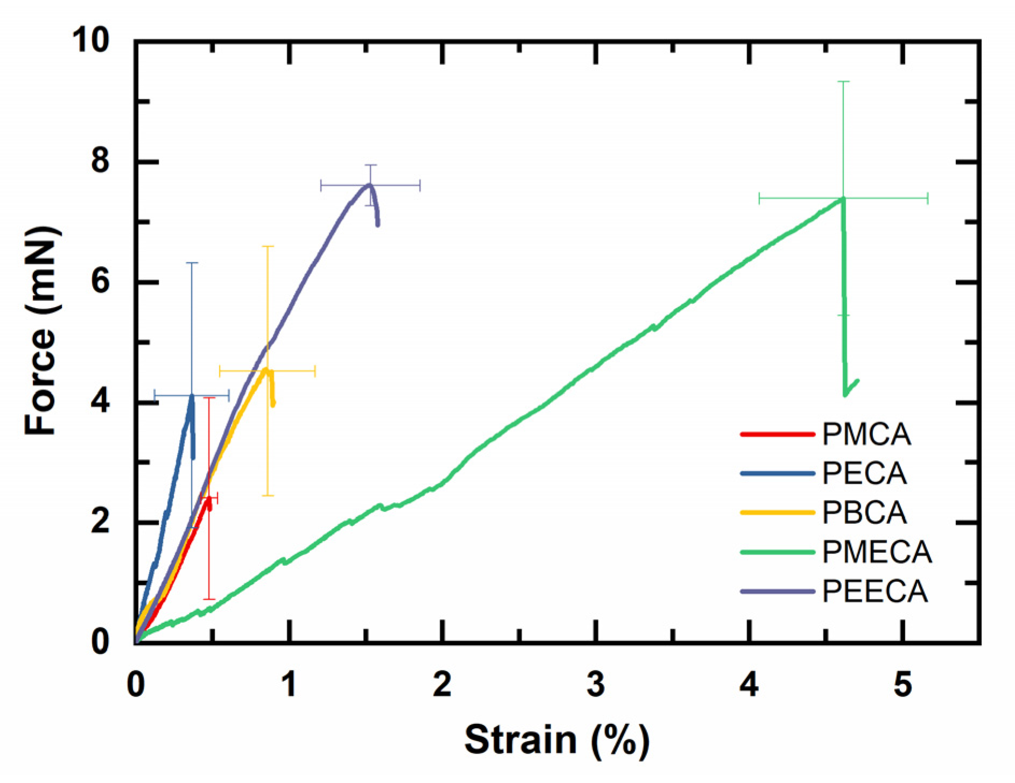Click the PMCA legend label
[x=866, y=435]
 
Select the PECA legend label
[x=864, y=474]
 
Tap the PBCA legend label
[x=864, y=512]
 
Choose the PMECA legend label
[x=877, y=552]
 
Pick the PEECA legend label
[x=875, y=592]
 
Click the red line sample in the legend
[x=777, y=434]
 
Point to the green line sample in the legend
[x=777, y=552]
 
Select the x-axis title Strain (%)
[x=556, y=740]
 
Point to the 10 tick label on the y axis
[x=91, y=40]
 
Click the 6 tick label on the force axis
[x=100, y=281]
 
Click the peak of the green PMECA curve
[x=843, y=199]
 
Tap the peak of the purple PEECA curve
[x=369, y=185]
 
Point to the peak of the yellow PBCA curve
[x=266, y=369]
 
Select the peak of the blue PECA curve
[x=192, y=396]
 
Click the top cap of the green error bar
[x=843, y=82]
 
